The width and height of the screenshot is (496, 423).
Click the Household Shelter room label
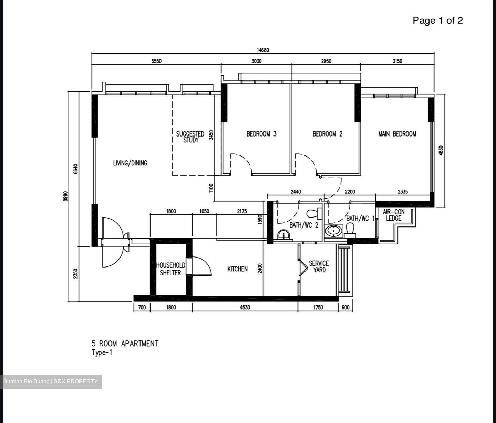(170, 269)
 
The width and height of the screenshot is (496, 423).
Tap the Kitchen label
(237, 269)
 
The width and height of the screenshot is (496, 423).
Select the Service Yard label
(319, 266)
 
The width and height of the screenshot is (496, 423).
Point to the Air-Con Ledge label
(394, 215)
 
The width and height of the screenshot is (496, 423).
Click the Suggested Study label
(190, 137)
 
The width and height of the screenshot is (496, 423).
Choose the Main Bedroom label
(397, 134)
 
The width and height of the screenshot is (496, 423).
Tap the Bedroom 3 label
(261, 134)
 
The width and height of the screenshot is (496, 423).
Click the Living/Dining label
(130, 163)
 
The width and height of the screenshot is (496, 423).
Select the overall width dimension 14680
(263, 50)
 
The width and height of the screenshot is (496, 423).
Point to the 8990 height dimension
(65, 196)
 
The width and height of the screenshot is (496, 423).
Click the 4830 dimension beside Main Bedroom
(441, 151)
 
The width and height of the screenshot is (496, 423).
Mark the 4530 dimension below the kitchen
(245, 308)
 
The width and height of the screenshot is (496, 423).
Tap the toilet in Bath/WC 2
(314, 213)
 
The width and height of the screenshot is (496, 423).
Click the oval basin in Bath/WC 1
(333, 231)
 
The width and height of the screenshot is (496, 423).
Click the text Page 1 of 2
(438, 20)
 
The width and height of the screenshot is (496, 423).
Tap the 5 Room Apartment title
(125, 344)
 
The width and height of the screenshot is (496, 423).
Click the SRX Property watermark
(76, 381)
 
